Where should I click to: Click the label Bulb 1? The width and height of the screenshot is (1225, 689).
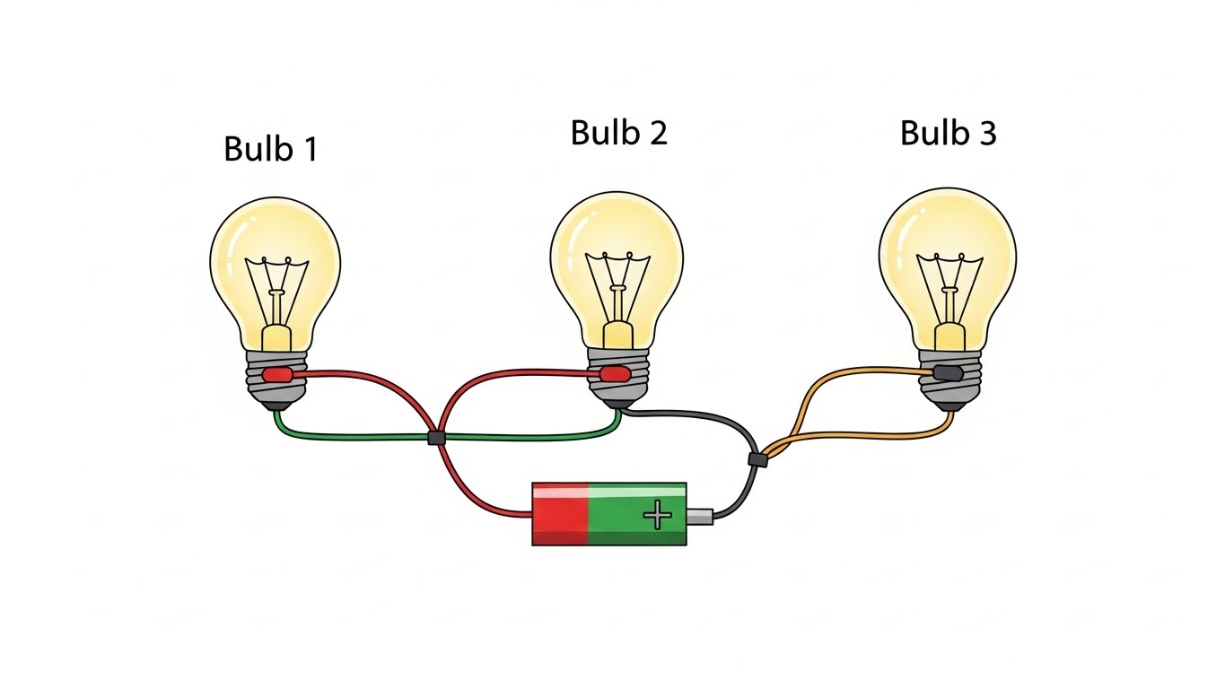click(x=270, y=149)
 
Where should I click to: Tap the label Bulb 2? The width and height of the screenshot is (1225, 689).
click(x=618, y=133)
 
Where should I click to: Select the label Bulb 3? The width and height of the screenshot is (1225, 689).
click(x=948, y=133)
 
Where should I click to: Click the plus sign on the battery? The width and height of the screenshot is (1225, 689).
click(x=658, y=514)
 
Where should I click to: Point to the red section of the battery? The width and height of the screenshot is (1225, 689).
click(x=559, y=514)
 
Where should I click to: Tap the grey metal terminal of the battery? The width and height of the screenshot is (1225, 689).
click(x=700, y=516)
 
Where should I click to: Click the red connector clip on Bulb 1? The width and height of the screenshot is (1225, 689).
click(x=276, y=373)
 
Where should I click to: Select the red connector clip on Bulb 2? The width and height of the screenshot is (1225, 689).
click(x=615, y=372)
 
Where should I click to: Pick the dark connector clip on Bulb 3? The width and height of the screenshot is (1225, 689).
click(x=947, y=372)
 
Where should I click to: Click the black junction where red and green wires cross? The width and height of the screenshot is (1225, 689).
click(x=436, y=438)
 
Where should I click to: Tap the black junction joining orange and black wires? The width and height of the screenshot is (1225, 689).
click(x=757, y=459)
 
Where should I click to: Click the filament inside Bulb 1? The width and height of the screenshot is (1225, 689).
click(x=278, y=287)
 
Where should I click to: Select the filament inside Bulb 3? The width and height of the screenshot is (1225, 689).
click(x=947, y=283)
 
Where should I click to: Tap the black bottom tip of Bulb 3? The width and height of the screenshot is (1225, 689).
click(x=949, y=406)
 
